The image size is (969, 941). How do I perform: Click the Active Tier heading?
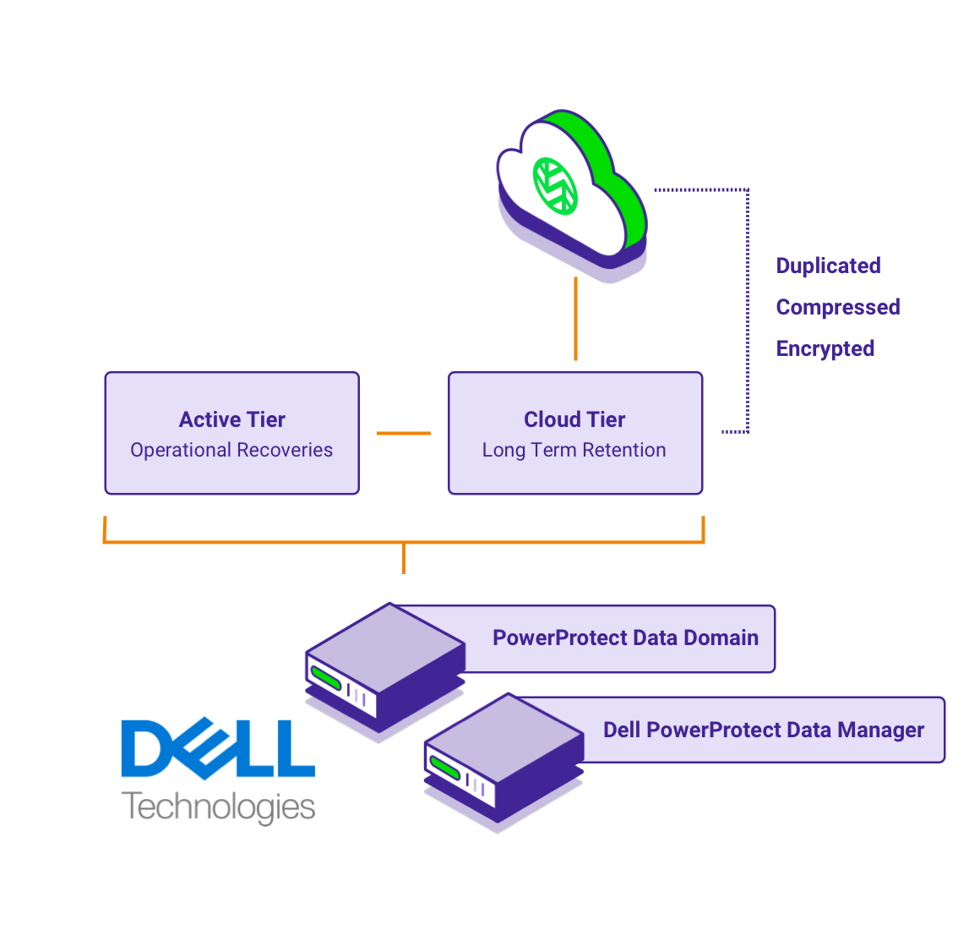(x=232, y=419)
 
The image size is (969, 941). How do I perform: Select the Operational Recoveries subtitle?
(x=231, y=450)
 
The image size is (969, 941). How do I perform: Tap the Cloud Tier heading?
(x=574, y=419)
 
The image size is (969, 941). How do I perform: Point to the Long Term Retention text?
(x=574, y=450)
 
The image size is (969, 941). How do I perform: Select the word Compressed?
(x=838, y=307)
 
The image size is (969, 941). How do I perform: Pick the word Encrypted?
(x=825, y=348)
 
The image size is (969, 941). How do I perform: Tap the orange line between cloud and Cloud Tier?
(x=575, y=318)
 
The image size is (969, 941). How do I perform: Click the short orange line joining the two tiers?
(x=404, y=433)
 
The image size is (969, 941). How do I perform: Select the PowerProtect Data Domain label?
(x=625, y=637)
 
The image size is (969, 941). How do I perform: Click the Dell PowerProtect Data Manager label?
(x=764, y=730)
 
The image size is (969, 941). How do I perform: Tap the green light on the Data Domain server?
(x=325, y=676)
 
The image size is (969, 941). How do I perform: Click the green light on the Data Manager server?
(x=444, y=768)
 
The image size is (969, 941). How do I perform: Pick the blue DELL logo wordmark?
(x=218, y=748)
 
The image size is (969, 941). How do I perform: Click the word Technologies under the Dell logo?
(x=218, y=807)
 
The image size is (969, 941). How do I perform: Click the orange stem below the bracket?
(x=404, y=559)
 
